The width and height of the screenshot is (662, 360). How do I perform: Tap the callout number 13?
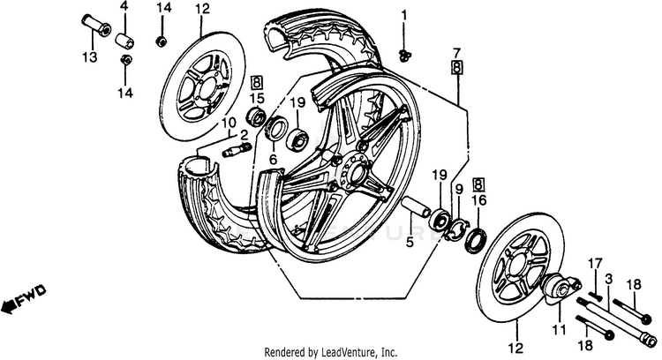pyautogui.click(x=88, y=58)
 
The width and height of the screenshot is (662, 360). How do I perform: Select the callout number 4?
pyautogui.click(x=124, y=7)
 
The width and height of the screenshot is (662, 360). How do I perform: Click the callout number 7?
pyautogui.click(x=457, y=53)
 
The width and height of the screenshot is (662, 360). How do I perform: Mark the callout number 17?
pyautogui.click(x=595, y=262)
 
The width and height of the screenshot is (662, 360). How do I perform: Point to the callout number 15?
pyautogui.click(x=259, y=97)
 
